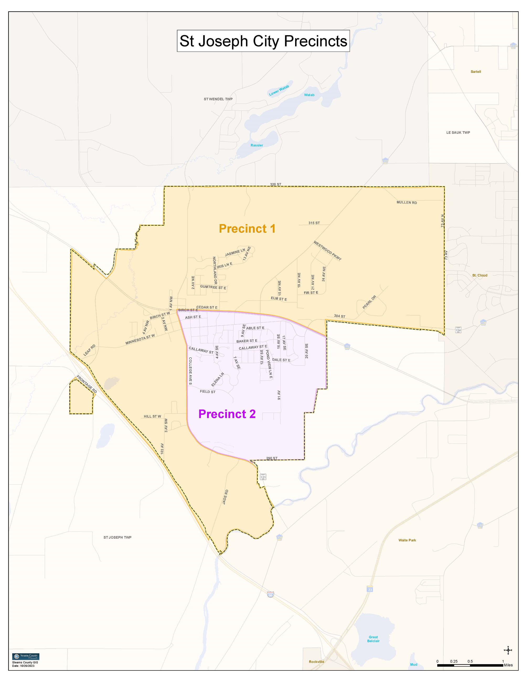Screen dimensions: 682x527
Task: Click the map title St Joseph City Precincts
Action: point(263,41)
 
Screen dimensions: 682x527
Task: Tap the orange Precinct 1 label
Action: point(247,228)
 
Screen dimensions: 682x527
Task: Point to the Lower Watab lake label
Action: point(279,90)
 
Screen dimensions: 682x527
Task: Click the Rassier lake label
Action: point(257,145)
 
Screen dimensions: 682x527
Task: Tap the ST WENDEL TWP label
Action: point(218,99)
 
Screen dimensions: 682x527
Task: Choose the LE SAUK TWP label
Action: point(458,132)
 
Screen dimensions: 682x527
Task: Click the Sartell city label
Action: point(476,72)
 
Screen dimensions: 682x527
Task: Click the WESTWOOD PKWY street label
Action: point(327,251)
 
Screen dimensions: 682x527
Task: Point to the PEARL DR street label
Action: point(369,302)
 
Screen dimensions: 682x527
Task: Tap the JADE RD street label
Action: point(225,497)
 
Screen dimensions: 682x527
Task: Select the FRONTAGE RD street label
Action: point(87,384)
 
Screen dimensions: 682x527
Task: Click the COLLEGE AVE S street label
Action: point(190,371)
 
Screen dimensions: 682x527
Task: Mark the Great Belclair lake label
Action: point(373,639)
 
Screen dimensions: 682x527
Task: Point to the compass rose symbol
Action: point(508,651)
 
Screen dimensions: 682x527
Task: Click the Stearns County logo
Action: point(26,656)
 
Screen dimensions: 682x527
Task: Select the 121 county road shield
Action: point(263,477)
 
